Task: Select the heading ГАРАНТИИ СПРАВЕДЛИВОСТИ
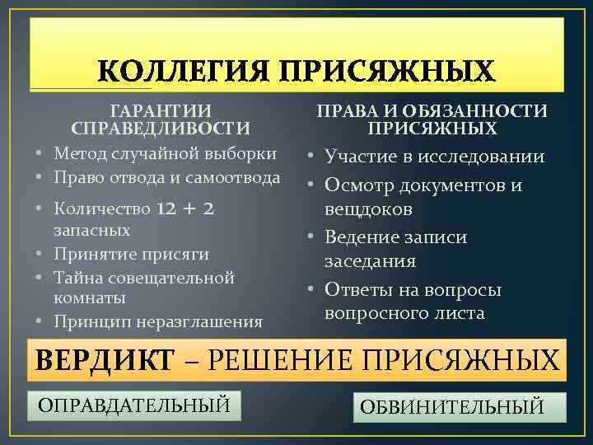coord(161,119)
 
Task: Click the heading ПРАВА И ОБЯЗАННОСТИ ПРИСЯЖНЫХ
coord(432,119)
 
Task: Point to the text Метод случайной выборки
coord(165,154)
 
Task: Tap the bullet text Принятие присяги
coord(131,254)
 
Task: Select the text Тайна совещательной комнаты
coord(144,287)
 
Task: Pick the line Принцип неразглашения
coord(158,321)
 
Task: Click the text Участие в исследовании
coord(434,157)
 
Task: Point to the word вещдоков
coord(368,209)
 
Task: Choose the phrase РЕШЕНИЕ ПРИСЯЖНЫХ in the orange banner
coord(381,361)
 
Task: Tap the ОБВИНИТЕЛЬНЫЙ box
coord(460,407)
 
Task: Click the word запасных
coord(91,231)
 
